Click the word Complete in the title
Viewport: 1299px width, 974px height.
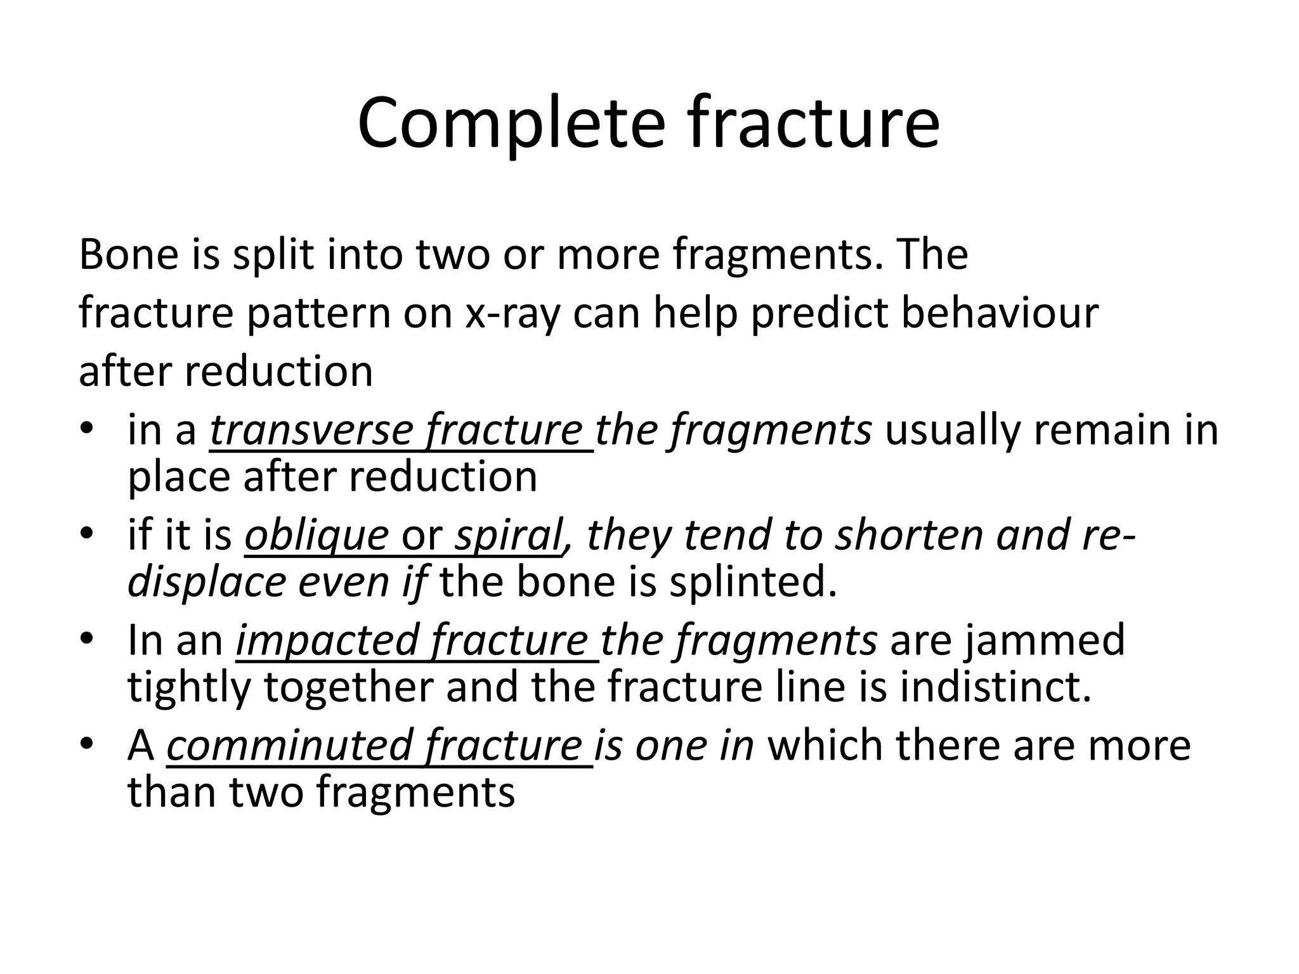[511, 124]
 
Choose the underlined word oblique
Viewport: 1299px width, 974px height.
[316, 535]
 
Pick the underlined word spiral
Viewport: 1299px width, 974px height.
[507, 535]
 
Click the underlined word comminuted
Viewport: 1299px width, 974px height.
[289, 746]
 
